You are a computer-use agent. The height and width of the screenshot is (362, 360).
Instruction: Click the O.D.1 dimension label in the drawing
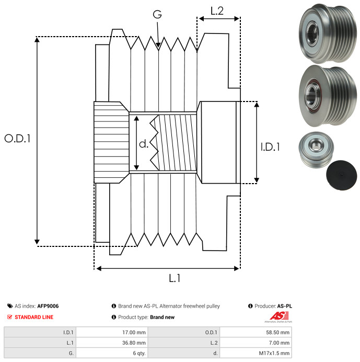[x=18, y=139]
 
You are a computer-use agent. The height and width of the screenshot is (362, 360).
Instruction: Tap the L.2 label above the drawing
[x=217, y=10]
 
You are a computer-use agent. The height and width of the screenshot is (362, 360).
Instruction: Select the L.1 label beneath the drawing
[x=175, y=278]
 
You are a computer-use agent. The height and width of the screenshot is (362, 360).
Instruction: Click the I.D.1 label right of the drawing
[x=270, y=148]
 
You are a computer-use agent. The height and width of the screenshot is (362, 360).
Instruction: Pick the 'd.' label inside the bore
[x=144, y=144]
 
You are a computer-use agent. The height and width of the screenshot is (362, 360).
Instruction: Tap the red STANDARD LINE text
[x=34, y=317]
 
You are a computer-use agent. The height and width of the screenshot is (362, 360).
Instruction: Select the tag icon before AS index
[x=10, y=306]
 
